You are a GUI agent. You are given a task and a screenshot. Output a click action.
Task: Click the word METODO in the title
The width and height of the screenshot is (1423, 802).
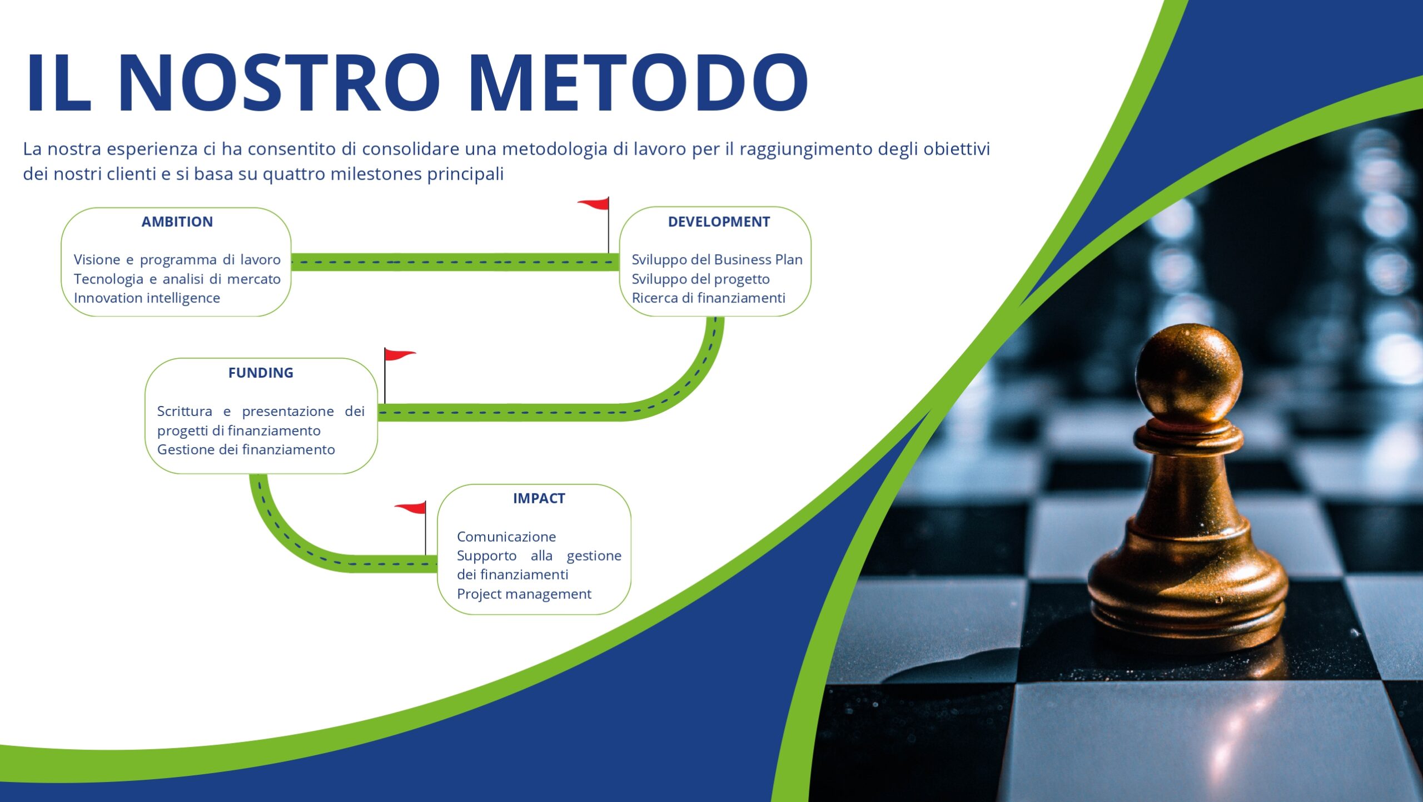638,82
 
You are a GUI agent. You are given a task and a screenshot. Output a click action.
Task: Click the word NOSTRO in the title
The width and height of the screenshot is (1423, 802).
280,82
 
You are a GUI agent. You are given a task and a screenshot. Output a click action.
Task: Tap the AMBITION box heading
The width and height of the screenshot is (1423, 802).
177,222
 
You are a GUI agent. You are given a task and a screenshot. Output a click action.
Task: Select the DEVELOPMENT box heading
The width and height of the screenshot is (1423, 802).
719,222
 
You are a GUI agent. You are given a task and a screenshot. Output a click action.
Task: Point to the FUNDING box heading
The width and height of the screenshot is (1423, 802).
261,373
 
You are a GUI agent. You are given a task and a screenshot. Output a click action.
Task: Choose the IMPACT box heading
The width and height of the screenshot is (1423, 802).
539,498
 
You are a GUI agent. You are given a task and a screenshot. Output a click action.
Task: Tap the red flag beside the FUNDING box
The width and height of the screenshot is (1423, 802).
399,355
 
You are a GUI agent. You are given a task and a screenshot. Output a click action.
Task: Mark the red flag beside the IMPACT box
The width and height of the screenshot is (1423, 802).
411,508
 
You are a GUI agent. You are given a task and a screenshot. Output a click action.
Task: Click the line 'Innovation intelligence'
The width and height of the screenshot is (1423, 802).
147,298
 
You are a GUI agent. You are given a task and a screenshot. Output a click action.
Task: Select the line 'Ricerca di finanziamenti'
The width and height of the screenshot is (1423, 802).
708,298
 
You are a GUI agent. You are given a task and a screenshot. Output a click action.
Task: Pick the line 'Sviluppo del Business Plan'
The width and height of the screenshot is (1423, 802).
717,260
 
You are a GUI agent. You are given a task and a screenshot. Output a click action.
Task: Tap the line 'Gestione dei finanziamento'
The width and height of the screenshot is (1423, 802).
246,449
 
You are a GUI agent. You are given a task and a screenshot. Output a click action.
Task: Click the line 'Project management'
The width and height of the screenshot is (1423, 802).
524,594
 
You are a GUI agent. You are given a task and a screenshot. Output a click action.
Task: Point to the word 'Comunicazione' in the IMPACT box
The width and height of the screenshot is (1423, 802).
506,537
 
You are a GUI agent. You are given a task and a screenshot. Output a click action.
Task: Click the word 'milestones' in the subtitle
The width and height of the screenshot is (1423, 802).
377,174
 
